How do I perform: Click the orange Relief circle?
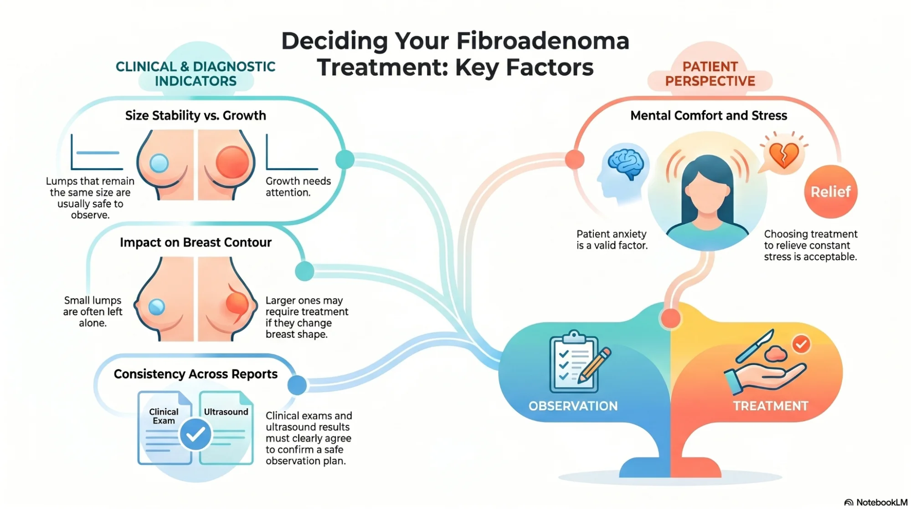830,192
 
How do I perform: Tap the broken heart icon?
784,155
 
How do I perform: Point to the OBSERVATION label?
573,406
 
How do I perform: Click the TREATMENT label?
770,406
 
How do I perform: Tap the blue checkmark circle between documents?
196,435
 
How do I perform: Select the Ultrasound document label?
226,412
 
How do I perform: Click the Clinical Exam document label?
164,416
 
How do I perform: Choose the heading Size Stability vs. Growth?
196,115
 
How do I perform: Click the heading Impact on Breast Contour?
196,242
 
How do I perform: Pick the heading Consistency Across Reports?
196,374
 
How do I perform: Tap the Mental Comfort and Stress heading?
708,115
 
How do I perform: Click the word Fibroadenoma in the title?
542,41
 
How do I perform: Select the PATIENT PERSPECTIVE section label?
710,74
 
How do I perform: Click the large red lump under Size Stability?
232,162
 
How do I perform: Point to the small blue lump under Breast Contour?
157,307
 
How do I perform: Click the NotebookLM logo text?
881,502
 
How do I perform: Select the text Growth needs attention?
298,187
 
